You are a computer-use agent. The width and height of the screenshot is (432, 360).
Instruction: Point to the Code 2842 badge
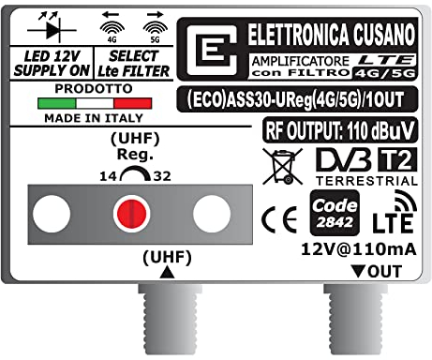[x=334, y=213]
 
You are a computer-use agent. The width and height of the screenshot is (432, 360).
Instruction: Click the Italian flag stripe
[x=94, y=102]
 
